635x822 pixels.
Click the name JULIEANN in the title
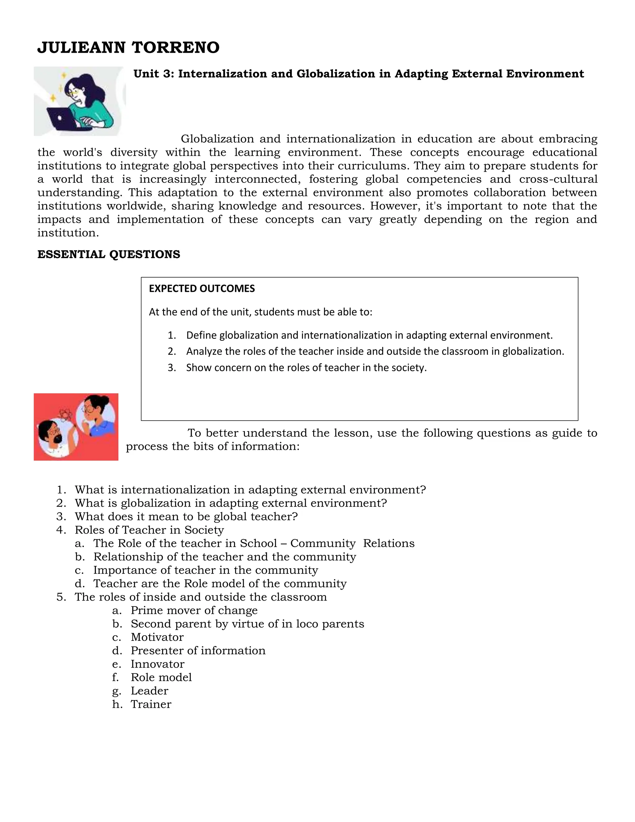[x=81, y=48]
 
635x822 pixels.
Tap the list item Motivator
[x=157, y=637]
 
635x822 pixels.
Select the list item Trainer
[x=151, y=704]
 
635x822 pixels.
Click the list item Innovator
[x=157, y=664]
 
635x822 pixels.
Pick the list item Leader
[x=149, y=691]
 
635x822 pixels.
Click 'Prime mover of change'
[x=194, y=610]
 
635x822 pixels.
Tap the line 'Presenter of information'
[x=198, y=650]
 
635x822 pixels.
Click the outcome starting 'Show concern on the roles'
[x=306, y=368]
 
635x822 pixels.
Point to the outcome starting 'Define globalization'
[x=369, y=335]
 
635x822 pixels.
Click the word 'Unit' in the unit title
[x=146, y=74]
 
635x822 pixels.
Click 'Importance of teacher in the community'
[x=205, y=570]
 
